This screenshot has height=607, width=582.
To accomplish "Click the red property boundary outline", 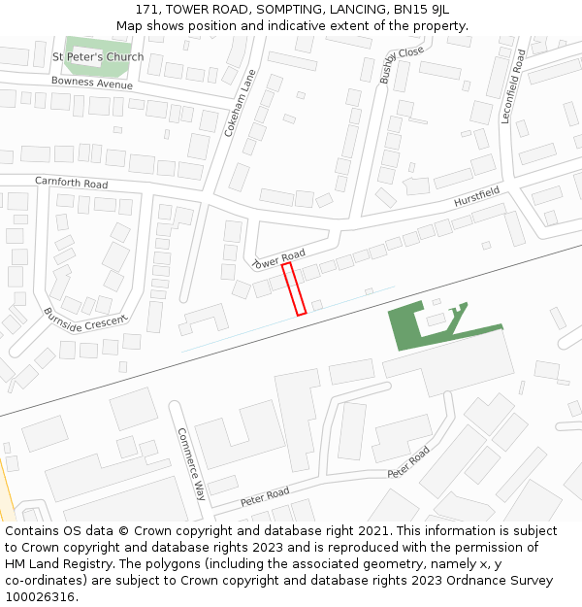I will (x=294, y=288).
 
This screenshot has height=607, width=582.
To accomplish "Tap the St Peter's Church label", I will (x=98, y=56).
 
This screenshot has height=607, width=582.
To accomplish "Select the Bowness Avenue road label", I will (x=92, y=83).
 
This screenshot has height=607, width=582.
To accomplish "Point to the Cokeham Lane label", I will (x=239, y=102).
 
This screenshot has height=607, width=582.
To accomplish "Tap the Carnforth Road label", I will (x=72, y=183).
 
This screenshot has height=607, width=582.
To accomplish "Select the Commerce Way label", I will (x=189, y=464).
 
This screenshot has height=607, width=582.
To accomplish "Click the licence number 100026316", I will (x=39, y=596).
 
